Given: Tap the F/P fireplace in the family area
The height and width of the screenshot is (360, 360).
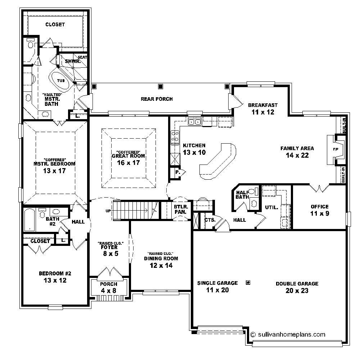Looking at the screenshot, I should click(x=335, y=150).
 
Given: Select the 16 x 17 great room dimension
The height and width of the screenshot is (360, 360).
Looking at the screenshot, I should click(x=128, y=162).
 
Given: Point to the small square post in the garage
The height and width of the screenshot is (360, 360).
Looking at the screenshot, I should click(x=248, y=283).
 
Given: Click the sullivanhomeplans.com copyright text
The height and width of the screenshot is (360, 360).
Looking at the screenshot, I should click(x=288, y=334).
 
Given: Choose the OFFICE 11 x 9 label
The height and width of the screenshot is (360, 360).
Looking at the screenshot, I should click(x=319, y=210).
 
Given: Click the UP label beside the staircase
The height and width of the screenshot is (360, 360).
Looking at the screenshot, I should click(x=108, y=211).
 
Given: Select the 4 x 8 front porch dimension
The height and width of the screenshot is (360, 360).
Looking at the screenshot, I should click(x=109, y=291).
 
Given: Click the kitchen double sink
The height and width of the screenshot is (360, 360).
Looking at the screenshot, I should click(x=195, y=122).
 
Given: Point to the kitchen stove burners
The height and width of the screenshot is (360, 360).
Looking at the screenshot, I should click(x=175, y=136).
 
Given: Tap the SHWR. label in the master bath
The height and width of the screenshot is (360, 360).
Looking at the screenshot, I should click(x=72, y=61).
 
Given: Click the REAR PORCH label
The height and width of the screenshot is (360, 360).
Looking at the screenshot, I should click(x=157, y=99).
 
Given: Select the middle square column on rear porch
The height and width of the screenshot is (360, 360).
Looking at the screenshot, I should click(x=160, y=86).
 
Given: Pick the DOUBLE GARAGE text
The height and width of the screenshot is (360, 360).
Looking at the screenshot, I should click(x=297, y=284).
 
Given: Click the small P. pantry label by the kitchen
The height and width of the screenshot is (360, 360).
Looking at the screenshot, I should click(x=177, y=172).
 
